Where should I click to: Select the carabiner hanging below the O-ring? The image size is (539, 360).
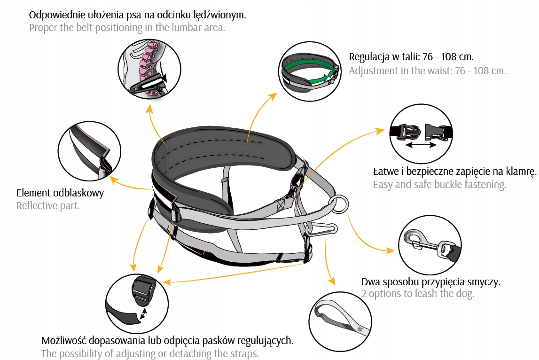pos(321,230)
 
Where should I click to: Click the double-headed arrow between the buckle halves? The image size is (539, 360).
pos(421,146)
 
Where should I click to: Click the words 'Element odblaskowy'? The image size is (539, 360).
pos(60,193)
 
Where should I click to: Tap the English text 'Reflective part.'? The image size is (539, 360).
pos(48,206)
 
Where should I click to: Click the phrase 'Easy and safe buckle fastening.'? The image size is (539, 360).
pos(439,184)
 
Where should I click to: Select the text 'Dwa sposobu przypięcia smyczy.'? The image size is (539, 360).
pos(431,282)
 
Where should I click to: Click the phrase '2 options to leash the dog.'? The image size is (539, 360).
pos(418,294)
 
